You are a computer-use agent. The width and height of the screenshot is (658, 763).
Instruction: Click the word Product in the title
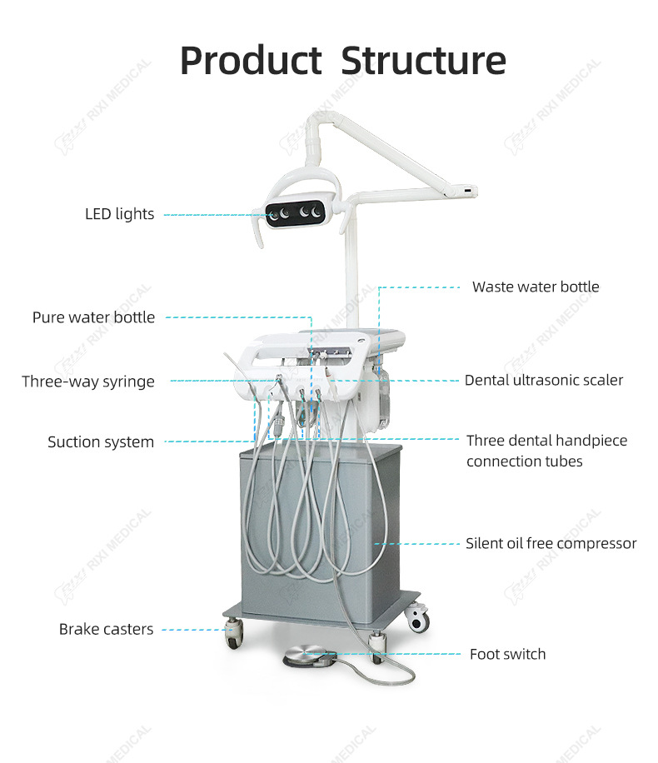pyautogui.click(x=250, y=61)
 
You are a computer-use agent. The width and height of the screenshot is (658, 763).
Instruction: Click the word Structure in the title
pyautogui.click(x=423, y=61)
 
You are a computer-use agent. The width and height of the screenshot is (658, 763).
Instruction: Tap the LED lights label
pyautogui.click(x=119, y=214)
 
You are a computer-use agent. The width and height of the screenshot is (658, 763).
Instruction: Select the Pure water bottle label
pyautogui.click(x=93, y=317)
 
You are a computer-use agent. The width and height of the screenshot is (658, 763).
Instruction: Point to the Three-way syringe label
pyautogui.click(x=88, y=381)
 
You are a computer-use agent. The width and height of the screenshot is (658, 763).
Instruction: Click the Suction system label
pyautogui.click(x=101, y=442)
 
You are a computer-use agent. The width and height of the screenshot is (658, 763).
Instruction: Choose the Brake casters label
pyautogui.click(x=106, y=630)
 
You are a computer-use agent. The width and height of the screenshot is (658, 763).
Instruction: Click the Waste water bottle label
pyautogui.click(x=536, y=287)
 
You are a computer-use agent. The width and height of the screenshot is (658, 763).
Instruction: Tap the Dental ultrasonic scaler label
pyautogui.click(x=544, y=380)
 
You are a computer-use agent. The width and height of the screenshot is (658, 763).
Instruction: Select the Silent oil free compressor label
pyautogui.click(x=551, y=544)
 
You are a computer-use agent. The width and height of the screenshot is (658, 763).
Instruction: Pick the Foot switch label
pyautogui.click(x=507, y=654)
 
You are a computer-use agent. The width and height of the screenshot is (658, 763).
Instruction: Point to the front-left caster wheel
pyautogui.click(x=233, y=638)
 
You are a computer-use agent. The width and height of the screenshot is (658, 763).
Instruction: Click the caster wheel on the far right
pyautogui.click(x=418, y=621)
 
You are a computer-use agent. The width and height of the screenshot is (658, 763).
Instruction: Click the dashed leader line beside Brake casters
pyautogui.click(x=192, y=630)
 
